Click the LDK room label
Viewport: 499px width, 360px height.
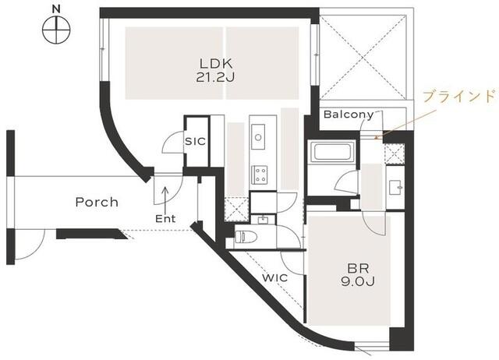coord(217,64)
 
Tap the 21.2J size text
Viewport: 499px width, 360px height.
coord(215,77)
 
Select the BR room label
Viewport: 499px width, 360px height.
coord(358,269)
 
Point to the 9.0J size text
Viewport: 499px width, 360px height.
coord(358,281)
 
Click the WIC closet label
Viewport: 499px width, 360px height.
coord(275,278)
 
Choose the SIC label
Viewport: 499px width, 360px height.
coord(195,141)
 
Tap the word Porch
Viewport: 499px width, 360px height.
coord(97,203)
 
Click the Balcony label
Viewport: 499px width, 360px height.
coord(349,115)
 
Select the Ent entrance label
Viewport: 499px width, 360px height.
coord(165,218)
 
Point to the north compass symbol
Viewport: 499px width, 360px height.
coord(56,30)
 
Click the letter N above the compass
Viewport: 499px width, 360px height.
coord(56,9)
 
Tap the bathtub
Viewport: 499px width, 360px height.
coord(333,152)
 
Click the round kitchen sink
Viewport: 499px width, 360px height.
coord(258,137)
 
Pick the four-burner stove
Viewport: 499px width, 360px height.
coord(260,175)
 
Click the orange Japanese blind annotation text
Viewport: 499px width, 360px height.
coord(460,96)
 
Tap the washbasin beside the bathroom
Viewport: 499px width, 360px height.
coord(395,187)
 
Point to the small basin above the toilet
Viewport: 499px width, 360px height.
coord(263,220)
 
